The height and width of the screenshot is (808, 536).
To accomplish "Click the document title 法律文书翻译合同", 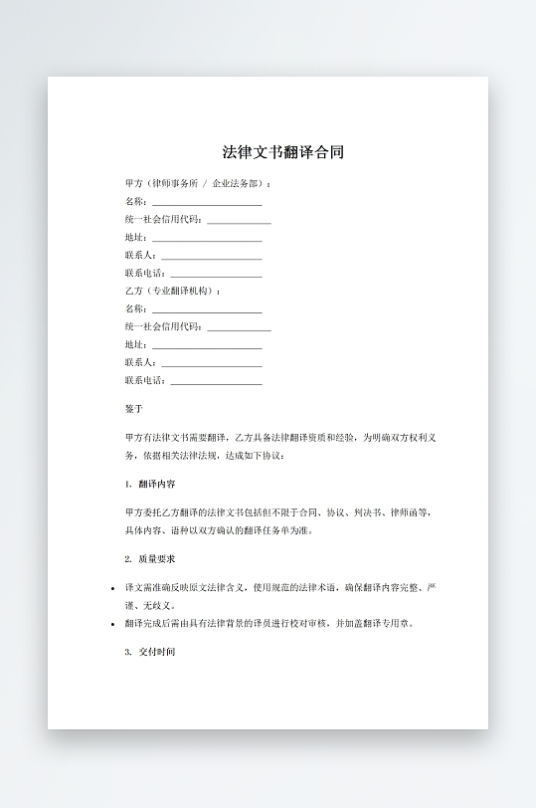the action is pos(283,152).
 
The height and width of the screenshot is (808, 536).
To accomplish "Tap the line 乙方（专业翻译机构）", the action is pos(172,291).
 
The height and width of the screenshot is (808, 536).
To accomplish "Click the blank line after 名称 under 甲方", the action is pos(206,202).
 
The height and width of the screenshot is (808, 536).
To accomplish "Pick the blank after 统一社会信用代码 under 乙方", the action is pos(239,326).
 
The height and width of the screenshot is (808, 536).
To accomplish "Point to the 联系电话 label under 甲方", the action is pos(144,273).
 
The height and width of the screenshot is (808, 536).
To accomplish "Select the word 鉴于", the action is pos(134,409).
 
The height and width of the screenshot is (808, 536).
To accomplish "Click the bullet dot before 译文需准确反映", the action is pos(112,588).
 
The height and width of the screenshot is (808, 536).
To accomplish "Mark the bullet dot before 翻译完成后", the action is pos(112,625).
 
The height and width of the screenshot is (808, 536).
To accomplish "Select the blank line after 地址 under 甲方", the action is pos(206,238).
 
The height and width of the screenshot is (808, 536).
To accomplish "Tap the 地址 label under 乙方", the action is pos(134,344).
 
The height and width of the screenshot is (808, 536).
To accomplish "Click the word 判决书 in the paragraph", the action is pos(364,512).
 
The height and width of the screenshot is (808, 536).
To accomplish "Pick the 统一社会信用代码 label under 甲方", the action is pos(162,220).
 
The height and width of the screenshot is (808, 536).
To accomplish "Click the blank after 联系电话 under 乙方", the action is pos(216,380).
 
